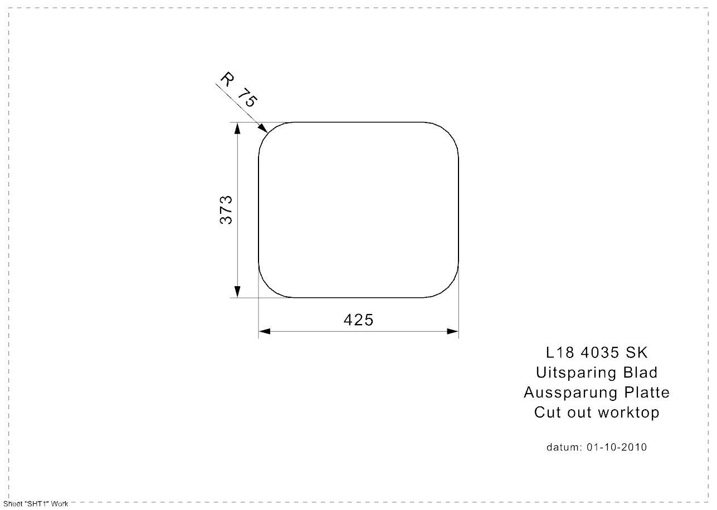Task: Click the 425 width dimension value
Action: (358, 320)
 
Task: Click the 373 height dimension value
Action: (226, 210)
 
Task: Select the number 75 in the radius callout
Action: (247, 97)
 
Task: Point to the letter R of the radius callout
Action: (227, 79)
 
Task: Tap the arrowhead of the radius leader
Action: (263, 128)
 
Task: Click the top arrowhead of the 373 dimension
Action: (237, 128)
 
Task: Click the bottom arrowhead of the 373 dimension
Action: (237, 292)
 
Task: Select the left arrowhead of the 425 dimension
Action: (265, 331)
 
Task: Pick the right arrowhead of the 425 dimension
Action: (452, 331)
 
